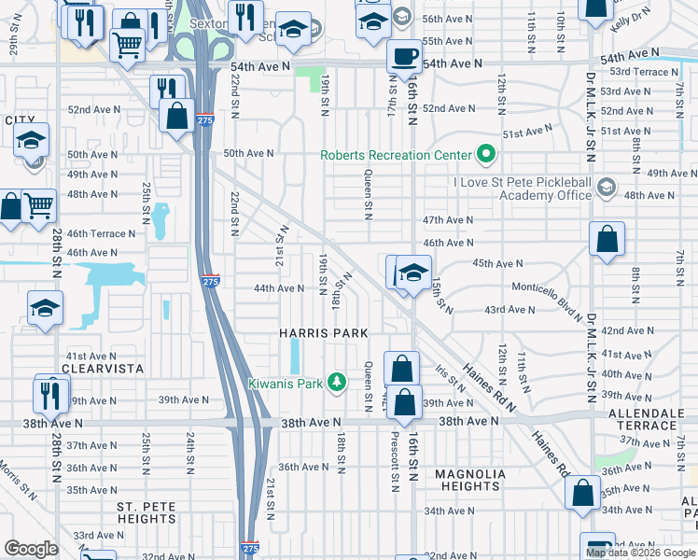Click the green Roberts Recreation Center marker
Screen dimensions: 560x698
[x=485, y=155]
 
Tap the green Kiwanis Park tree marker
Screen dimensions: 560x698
[x=342, y=383]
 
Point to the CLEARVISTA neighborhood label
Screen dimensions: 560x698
[x=103, y=369]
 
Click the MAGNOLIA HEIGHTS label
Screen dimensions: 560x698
[x=470, y=480]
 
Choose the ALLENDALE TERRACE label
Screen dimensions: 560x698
[x=642, y=418]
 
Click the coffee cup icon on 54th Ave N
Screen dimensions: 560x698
[x=404, y=57]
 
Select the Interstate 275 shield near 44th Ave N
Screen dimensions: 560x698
[x=211, y=280]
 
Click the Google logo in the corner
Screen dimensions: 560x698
[x=32, y=549]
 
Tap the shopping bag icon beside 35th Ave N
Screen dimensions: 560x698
[x=583, y=494]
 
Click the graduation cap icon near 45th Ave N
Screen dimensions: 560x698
[x=412, y=273]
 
